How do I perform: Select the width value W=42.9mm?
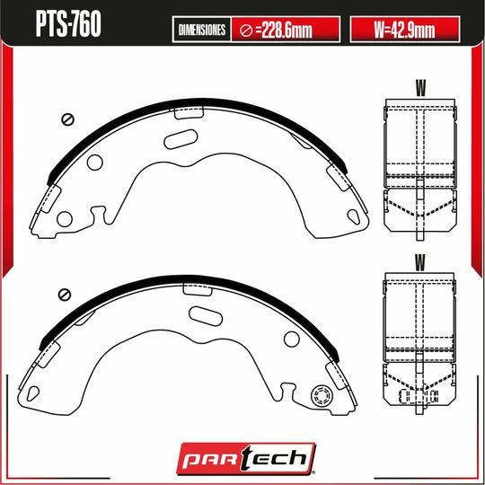(403, 31)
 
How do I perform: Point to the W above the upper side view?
(419, 87)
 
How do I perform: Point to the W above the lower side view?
(419, 261)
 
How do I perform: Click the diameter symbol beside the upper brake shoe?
(65, 119)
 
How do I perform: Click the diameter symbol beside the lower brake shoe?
(65, 294)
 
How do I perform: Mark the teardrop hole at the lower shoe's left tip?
(33, 391)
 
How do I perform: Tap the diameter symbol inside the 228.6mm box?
(245, 31)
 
